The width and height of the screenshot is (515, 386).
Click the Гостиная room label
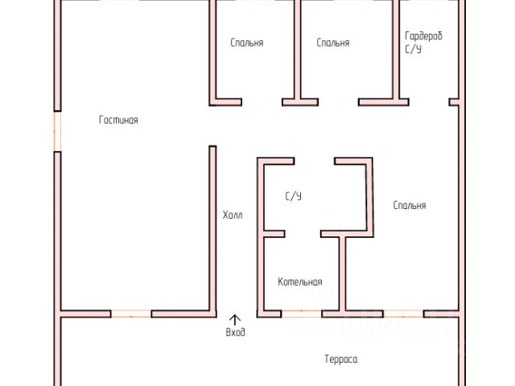118,121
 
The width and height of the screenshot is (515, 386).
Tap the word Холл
233,216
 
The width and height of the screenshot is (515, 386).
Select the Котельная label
300,282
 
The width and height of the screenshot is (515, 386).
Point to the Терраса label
340,359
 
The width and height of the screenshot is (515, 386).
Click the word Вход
235,332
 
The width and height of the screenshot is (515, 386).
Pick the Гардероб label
423,36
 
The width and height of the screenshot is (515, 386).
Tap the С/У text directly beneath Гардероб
413,49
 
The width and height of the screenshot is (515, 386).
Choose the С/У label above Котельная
293,196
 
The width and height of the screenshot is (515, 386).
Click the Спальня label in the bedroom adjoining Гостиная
246,43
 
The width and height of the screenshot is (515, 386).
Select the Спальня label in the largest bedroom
410,206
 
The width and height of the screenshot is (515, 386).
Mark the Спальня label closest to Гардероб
333,43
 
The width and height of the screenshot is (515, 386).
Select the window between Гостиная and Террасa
131,313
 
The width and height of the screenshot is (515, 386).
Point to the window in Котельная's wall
303,313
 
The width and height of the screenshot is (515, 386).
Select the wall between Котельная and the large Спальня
343,273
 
